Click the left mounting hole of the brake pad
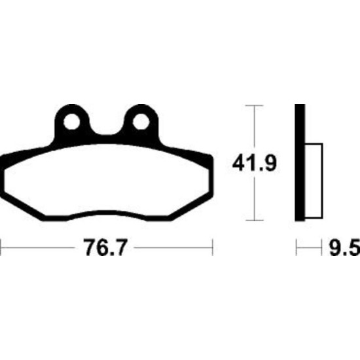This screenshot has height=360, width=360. (x=71, y=122)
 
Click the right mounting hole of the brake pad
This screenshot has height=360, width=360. (x=141, y=122)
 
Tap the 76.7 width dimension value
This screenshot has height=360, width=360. (x=105, y=247)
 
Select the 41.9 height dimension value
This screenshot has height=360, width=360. (x=255, y=163)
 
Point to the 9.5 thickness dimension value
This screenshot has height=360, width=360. (x=344, y=247)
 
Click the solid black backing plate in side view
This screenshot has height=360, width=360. (x=300, y=162)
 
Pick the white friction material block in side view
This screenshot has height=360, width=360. (x=314, y=181)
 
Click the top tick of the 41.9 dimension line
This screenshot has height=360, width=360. (x=254, y=105)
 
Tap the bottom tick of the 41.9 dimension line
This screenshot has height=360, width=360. (x=254, y=220)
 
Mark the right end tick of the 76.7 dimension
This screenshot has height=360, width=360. (x=213, y=247)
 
